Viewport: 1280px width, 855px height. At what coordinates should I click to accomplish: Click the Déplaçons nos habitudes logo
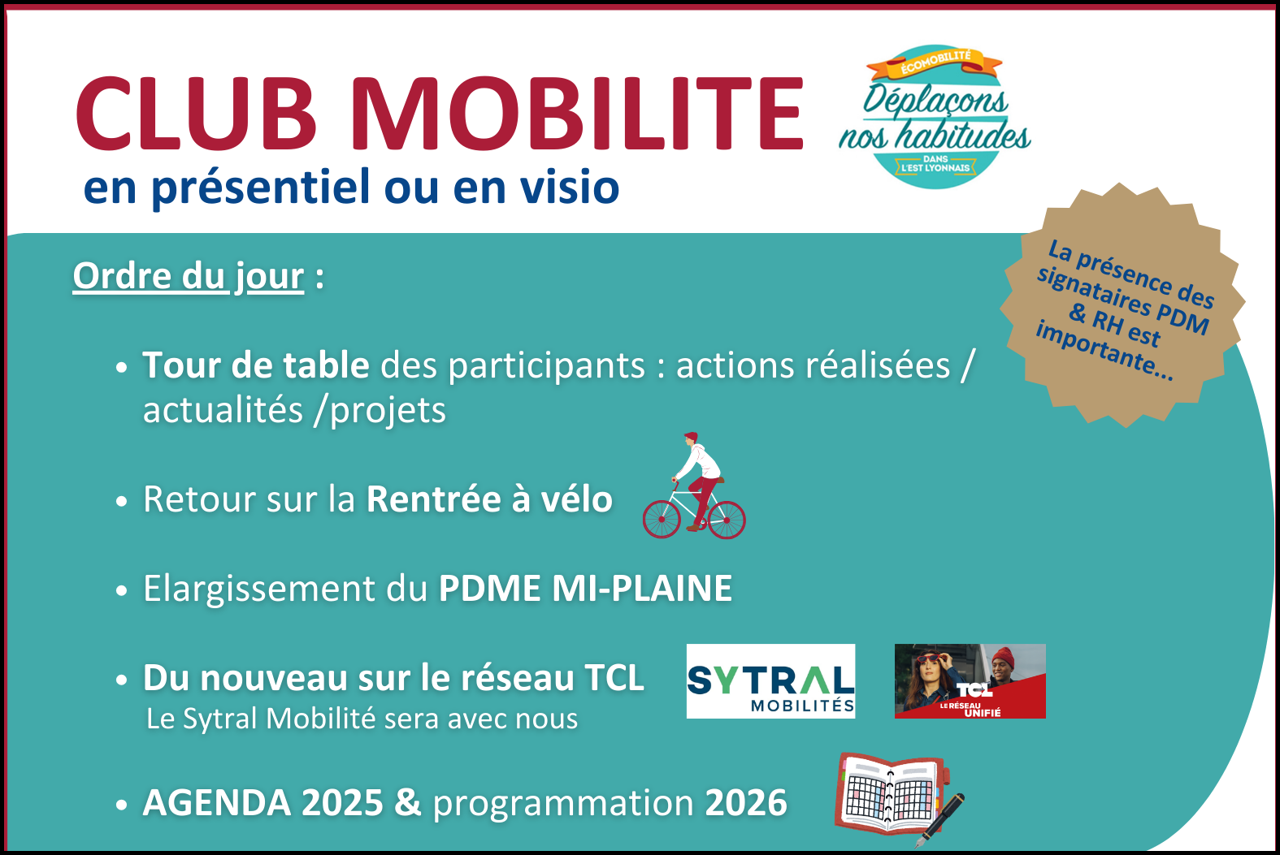click(935, 116)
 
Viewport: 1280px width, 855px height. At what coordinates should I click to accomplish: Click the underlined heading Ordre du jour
click(188, 277)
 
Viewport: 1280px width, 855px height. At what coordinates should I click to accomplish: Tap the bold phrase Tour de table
click(256, 365)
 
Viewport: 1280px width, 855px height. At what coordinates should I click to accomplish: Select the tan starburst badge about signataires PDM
click(1122, 305)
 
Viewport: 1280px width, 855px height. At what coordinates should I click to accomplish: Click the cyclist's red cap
click(691, 437)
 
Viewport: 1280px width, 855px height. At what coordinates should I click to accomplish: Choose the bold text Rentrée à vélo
click(489, 499)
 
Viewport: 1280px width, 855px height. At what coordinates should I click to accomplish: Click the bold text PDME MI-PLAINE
click(585, 589)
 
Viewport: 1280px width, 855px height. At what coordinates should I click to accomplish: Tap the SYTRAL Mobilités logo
click(771, 681)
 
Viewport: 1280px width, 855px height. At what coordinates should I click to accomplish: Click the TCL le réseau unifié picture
click(970, 681)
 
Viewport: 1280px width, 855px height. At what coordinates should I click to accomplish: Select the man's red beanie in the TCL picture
click(1004, 657)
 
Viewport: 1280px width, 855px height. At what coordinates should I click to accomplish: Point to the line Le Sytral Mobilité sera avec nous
click(362, 719)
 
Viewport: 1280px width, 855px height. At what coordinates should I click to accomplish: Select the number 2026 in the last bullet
click(746, 803)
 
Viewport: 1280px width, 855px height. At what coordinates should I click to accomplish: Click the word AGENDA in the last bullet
click(217, 803)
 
